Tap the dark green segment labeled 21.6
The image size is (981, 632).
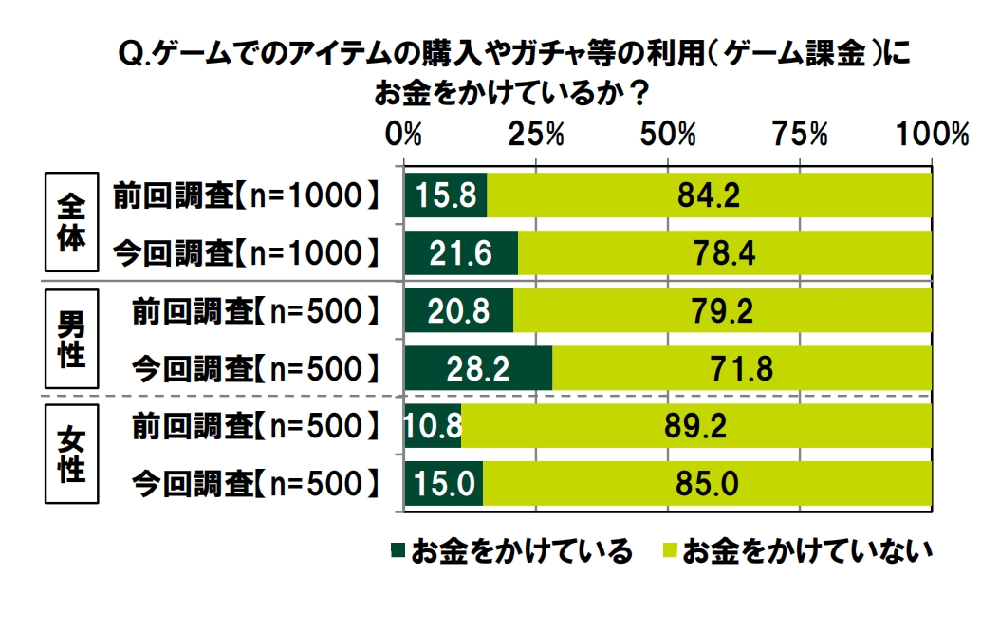[x=461, y=253]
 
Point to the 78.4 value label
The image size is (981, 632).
[x=724, y=253]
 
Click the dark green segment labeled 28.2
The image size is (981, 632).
[x=478, y=368]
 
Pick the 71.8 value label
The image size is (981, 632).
[x=741, y=368]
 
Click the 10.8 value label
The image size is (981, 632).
[x=433, y=425]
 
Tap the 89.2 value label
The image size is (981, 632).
[x=695, y=425]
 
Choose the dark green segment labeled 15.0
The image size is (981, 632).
[x=444, y=483]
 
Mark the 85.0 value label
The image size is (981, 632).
[x=707, y=483]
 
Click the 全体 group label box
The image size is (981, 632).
[x=72, y=221]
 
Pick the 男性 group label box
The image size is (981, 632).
[x=72, y=339]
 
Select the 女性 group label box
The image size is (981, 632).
[x=72, y=455]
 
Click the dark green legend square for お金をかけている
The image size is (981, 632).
[x=397, y=549]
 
